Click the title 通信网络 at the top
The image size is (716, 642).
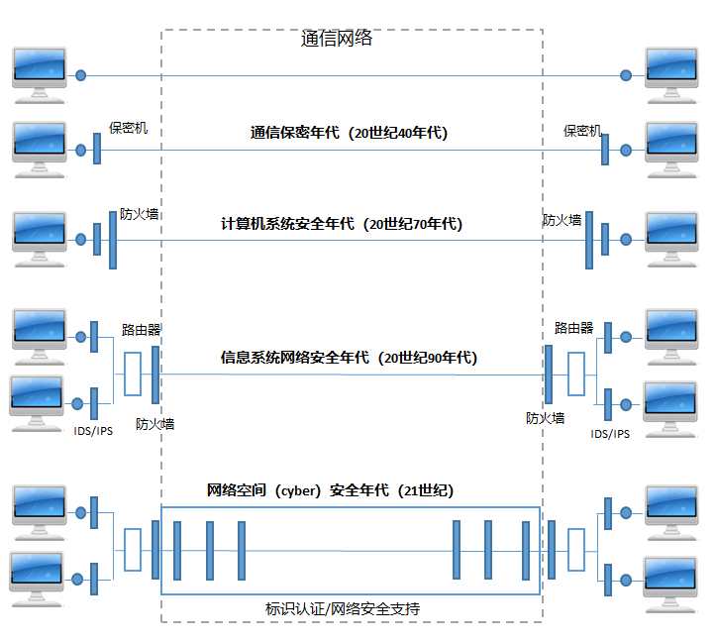tap(337, 40)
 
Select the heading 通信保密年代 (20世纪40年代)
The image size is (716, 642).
tap(349, 133)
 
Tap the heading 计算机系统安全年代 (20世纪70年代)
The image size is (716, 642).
tap(342, 224)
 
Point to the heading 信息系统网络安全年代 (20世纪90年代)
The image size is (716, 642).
tap(349, 358)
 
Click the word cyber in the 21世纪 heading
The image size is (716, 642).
tap(296, 490)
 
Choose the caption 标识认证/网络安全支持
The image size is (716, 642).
tap(343, 608)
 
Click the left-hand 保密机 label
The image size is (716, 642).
tap(129, 129)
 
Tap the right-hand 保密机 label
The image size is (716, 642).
tap(582, 131)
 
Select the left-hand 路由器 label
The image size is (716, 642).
tap(142, 329)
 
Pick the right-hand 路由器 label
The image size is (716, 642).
tap(573, 328)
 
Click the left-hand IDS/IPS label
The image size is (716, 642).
tap(93, 432)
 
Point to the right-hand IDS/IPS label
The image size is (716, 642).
tap(610, 434)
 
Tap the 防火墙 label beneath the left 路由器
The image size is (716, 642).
tap(154, 424)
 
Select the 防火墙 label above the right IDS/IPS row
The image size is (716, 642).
tap(545, 418)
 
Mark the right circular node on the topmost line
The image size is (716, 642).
tap(625, 75)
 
